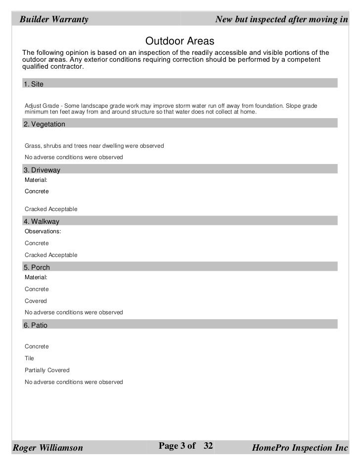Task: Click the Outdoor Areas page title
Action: click(x=180, y=40)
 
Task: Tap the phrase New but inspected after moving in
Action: click(x=282, y=20)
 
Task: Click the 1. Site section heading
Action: click(x=34, y=84)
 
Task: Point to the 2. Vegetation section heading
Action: click(x=44, y=124)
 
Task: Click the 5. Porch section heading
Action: click(x=37, y=267)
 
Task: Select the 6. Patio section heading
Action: click(x=36, y=325)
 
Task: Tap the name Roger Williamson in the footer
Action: click(x=47, y=448)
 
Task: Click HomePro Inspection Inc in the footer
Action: click(x=300, y=448)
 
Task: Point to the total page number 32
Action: click(x=208, y=446)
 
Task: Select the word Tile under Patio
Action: click(x=30, y=358)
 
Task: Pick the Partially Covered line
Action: click(x=47, y=370)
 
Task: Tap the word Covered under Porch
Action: click(x=36, y=301)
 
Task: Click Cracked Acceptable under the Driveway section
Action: click(x=51, y=210)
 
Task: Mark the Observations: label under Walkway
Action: click(x=43, y=231)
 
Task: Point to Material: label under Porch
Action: click(x=36, y=277)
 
